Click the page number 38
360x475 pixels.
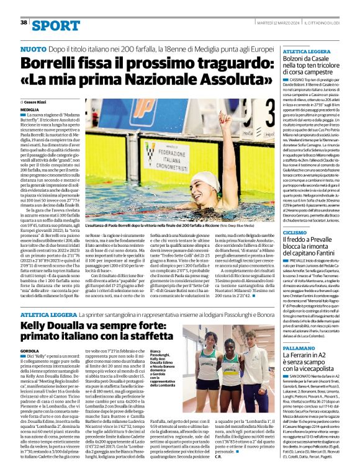pos(24,22)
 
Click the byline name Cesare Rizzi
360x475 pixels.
pos(38,100)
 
